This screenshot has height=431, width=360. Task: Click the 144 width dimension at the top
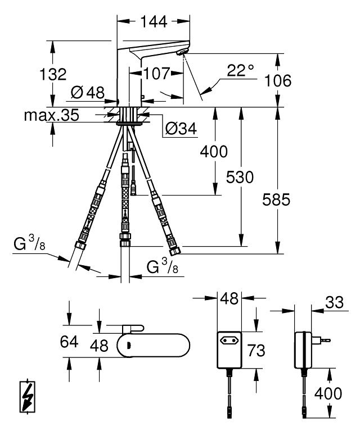click(x=154, y=22)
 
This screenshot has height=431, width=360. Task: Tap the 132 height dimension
click(x=53, y=74)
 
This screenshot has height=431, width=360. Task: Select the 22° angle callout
click(x=240, y=70)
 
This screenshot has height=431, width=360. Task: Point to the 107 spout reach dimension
click(x=156, y=74)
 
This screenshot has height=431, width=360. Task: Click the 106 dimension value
click(x=277, y=80)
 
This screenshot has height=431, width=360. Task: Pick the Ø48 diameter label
click(x=88, y=92)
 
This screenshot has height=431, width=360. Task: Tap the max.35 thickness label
click(x=51, y=115)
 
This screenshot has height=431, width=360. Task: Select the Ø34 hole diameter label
click(x=181, y=128)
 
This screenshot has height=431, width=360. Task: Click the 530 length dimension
click(x=240, y=177)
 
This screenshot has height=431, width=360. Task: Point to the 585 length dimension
click(x=276, y=199)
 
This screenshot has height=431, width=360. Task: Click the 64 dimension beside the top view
click(x=69, y=342)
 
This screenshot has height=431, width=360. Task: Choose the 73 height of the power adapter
click(x=256, y=351)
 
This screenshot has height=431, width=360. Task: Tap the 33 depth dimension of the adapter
click(x=334, y=302)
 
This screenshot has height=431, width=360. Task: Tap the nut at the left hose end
click(x=80, y=245)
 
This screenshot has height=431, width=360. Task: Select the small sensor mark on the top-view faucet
click(x=129, y=346)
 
